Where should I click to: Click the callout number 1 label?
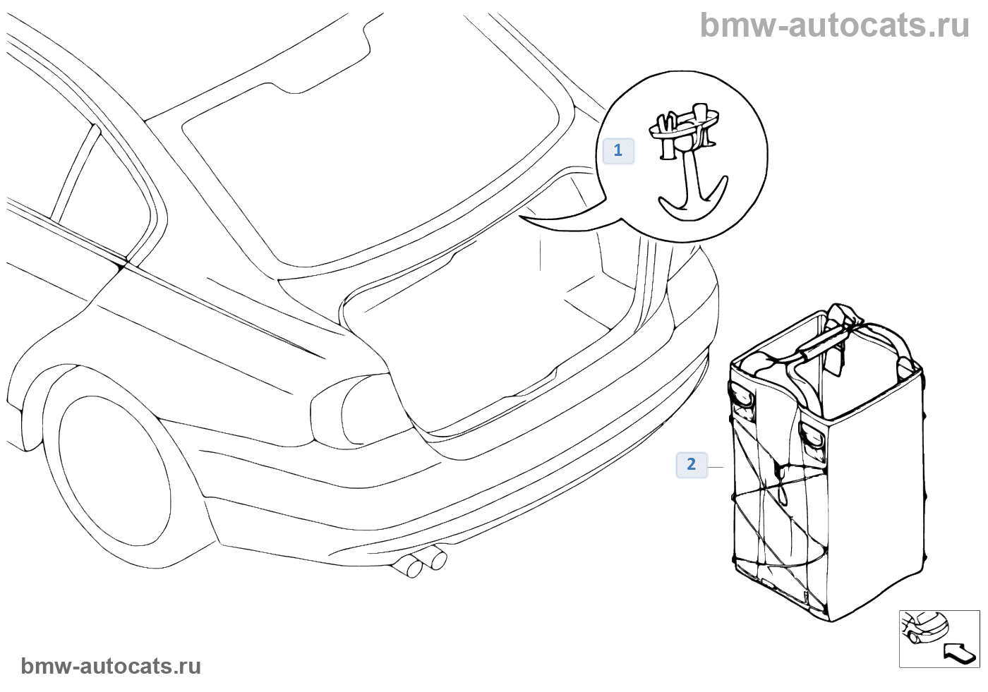(x=618, y=150)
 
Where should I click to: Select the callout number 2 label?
(x=692, y=464)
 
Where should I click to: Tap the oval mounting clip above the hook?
(x=684, y=124)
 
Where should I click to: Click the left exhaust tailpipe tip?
(x=409, y=566)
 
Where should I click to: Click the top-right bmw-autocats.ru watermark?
(x=834, y=25)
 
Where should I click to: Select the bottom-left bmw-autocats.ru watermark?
(x=111, y=666)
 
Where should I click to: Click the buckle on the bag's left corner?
(x=743, y=396)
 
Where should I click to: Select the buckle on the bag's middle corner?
(x=813, y=436)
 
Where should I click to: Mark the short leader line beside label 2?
(x=716, y=467)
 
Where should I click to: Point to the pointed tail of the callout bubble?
(x=529, y=219)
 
